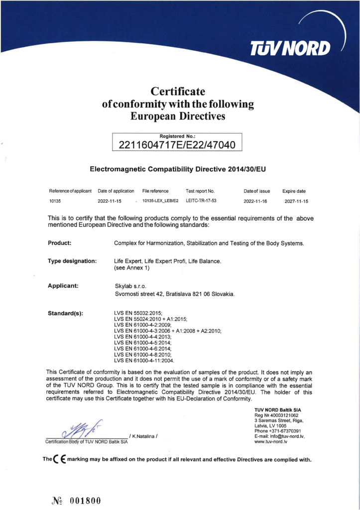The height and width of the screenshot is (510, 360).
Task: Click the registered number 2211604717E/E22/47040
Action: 177,145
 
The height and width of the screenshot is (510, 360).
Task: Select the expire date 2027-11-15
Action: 296,202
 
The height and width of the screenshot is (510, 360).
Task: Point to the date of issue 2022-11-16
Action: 256,202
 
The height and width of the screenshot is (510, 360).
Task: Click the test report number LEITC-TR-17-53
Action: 201,201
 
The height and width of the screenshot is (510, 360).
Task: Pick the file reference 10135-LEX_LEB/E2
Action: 160,201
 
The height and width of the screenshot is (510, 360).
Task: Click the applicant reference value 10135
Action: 55,202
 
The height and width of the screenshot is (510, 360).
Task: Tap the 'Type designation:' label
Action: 72,261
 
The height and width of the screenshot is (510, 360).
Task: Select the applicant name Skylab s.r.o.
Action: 130,286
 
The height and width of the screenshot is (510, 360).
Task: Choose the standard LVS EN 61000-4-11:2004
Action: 144,360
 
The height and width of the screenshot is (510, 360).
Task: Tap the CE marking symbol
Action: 57,460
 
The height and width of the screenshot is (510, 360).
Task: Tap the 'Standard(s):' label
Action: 65,313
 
